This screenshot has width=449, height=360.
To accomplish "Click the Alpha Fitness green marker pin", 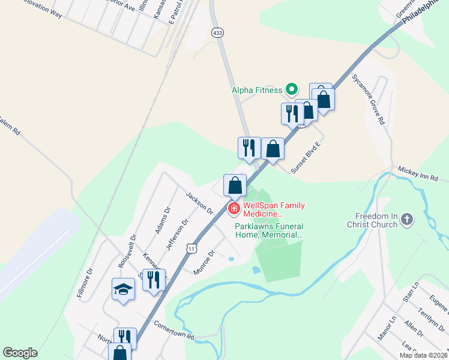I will point(292,90).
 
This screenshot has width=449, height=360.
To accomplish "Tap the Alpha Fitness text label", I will point(257,91).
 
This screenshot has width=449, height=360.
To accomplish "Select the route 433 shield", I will point(217,32).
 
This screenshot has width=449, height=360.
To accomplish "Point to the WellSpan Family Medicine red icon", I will point(234,209).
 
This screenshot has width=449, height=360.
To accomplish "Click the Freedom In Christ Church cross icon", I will point(407,220).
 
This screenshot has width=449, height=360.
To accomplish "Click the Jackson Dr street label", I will point(199,203).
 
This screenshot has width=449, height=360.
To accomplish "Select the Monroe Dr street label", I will point(204,263).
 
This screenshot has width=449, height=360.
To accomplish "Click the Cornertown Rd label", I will point(174,329).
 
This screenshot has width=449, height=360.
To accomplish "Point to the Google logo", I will point(20,353).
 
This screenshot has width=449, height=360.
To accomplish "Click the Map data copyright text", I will point(423,355).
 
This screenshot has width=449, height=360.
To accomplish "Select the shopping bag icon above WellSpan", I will point(235,185).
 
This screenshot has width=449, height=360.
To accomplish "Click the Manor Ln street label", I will point(384,329).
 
